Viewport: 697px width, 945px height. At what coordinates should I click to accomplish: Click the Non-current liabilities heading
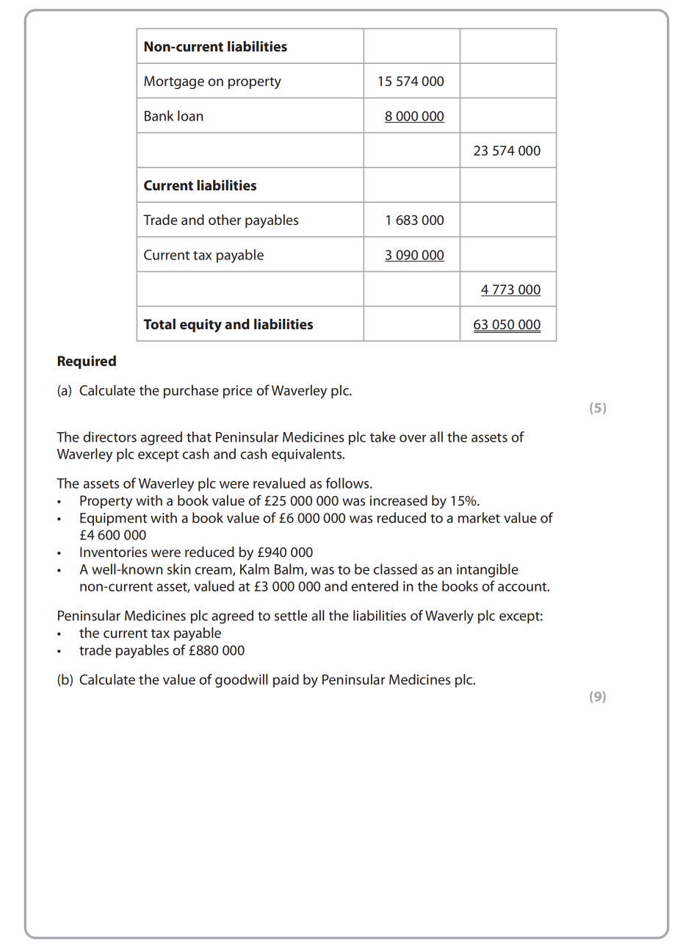(215, 46)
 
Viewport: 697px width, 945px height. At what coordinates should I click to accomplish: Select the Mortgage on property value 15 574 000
(411, 82)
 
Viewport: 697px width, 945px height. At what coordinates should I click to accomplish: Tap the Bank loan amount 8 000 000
(414, 116)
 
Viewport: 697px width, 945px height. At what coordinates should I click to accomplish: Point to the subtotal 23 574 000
(507, 151)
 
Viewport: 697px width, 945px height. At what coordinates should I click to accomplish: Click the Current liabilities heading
(200, 185)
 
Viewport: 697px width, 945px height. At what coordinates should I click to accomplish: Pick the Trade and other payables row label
(220, 220)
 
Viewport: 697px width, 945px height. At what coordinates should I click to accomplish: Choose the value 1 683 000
(414, 220)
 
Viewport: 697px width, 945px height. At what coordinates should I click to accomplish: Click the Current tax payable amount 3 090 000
(414, 255)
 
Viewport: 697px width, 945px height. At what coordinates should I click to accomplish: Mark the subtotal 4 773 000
(510, 290)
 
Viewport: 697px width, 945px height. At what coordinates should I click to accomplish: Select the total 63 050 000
(507, 325)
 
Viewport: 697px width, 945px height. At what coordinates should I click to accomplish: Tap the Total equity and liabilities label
(228, 324)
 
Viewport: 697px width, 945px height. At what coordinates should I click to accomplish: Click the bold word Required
(87, 361)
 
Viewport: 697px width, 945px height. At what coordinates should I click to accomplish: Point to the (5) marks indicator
(598, 408)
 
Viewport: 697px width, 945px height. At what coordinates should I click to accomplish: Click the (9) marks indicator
(598, 697)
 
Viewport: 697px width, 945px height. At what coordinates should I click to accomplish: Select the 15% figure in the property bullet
(463, 501)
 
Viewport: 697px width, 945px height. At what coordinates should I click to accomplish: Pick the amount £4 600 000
(112, 535)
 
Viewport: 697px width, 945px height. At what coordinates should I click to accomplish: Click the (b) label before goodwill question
(65, 680)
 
